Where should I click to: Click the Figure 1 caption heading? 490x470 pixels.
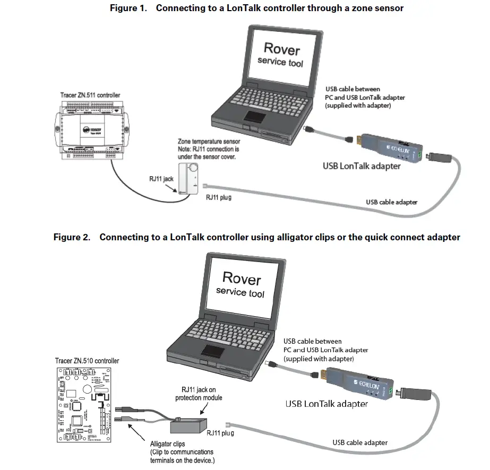point(256,8)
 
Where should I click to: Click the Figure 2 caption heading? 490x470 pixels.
point(256,237)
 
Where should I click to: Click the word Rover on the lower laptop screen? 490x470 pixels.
point(241,278)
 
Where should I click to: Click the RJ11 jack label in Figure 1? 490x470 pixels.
point(162,179)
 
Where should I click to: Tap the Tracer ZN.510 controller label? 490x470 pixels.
point(87,361)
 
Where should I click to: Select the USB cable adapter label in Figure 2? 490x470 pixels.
point(359,442)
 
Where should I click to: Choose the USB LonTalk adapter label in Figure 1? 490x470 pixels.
point(362,167)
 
